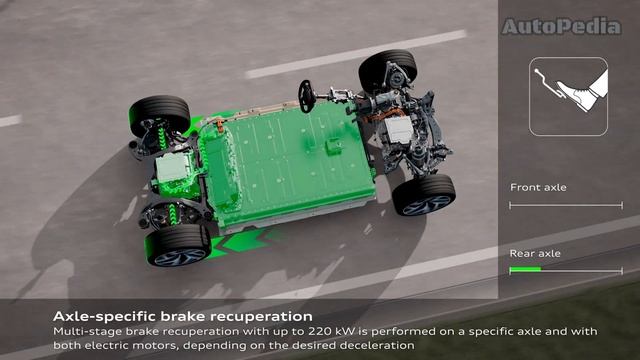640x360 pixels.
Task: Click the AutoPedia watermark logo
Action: tap(562, 26)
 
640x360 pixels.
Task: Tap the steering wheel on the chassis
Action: tap(307, 96)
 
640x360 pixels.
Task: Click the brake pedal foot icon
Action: tap(568, 96)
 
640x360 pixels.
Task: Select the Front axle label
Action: tap(538, 187)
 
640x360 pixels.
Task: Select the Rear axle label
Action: tap(535, 253)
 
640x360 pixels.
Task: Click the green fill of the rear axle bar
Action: tap(525, 269)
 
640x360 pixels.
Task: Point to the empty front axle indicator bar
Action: tap(566, 205)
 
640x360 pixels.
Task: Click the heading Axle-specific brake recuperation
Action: tap(182, 316)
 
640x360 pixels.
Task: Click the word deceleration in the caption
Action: tap(377, 345)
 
